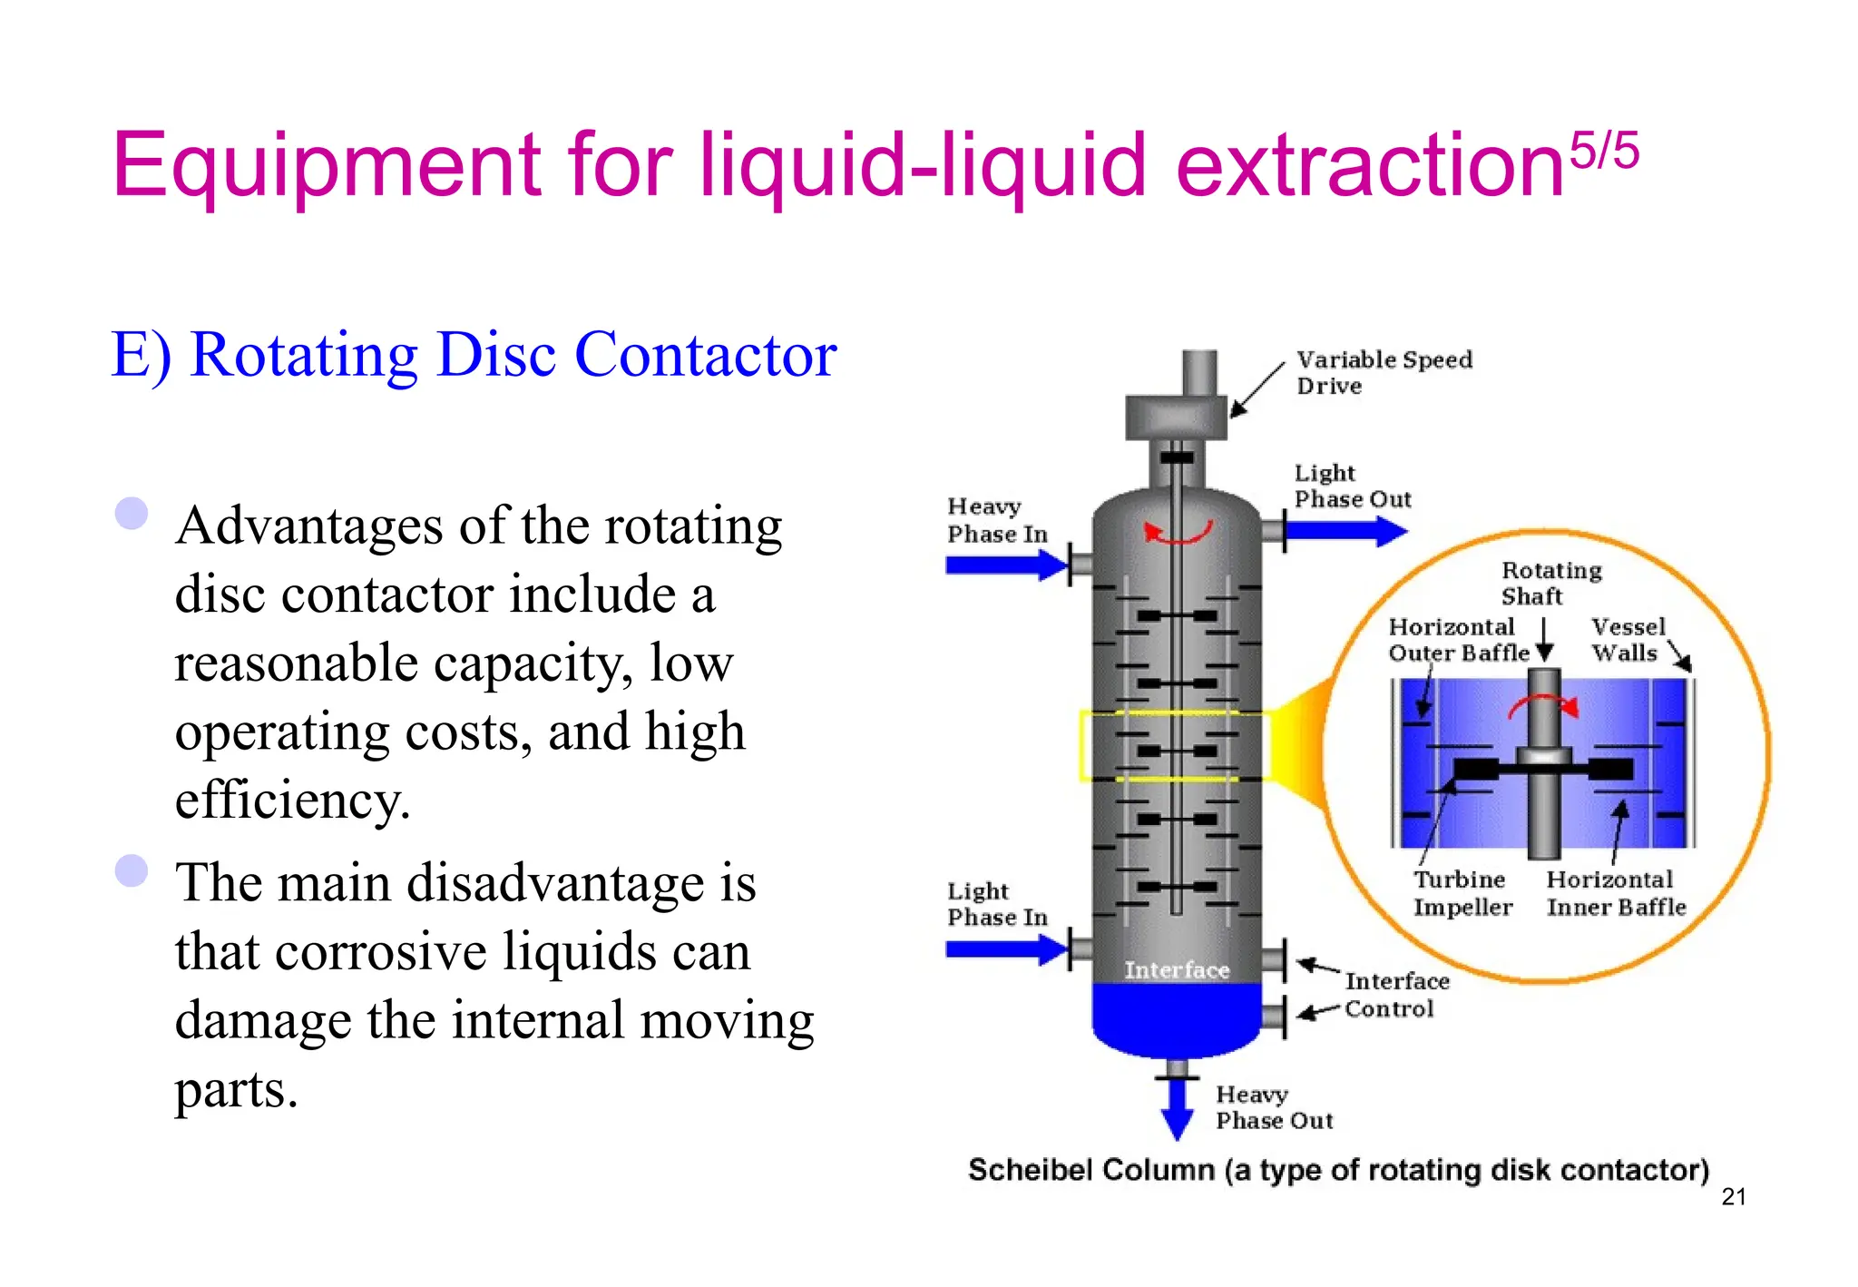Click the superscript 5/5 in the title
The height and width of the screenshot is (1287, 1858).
(1604, 151)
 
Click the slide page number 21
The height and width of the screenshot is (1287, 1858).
(1733, 1197)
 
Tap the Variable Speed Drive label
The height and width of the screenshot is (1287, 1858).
(1384, 372)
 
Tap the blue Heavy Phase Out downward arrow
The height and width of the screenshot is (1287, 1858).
(1177, 1109)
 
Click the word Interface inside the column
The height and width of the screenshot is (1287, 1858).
(1177, 970)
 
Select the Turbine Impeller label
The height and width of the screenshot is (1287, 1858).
(1462, 893)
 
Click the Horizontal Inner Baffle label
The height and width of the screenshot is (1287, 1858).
(1616, 893)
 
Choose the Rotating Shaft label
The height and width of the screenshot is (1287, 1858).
(1550, 583)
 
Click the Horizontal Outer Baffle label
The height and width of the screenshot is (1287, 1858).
(1457, 640)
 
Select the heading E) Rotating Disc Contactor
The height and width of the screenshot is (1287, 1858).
(473, 355)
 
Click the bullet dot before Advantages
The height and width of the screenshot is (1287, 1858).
(132, 514)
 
